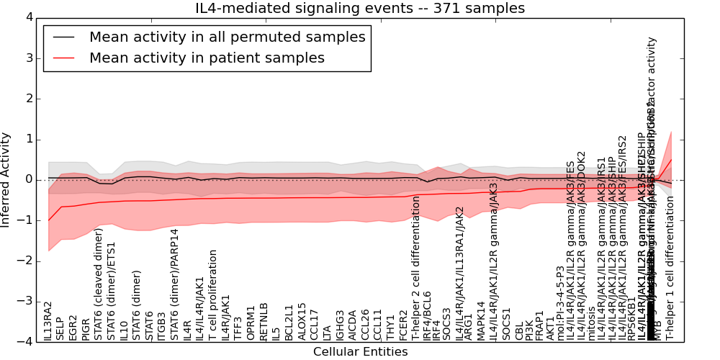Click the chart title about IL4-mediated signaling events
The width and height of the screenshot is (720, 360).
click(x=360, y=8)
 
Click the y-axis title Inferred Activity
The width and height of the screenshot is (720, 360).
click(x=6, y=179)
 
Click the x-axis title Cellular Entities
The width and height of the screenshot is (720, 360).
click(x=360, y=352)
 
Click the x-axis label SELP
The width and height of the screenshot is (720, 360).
click(x=60, y=329)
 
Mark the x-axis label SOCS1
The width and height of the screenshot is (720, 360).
click(x=506, y=325)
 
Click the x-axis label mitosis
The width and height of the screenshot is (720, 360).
click(x=582, y=326)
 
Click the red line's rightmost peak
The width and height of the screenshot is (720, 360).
click(x=671, y=159)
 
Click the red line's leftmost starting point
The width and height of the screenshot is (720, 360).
click(x=48, y=220)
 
